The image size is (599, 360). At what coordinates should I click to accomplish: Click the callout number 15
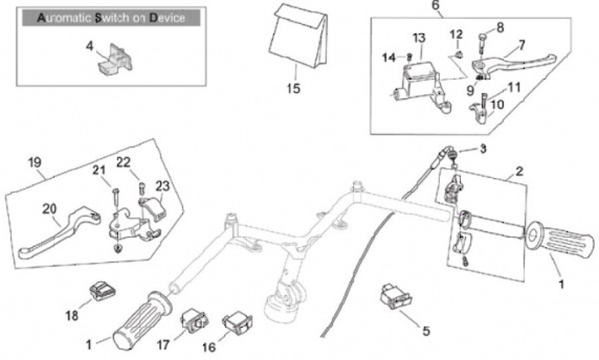coord(293,88)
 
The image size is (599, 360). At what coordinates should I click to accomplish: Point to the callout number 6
coord(434,6)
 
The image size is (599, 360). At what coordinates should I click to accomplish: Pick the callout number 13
coord(418,38)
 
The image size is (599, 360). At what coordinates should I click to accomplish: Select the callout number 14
coord(389,57)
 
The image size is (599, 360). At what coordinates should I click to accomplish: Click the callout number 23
coord(161,185)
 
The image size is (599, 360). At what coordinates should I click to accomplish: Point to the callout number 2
coord(518,172)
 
